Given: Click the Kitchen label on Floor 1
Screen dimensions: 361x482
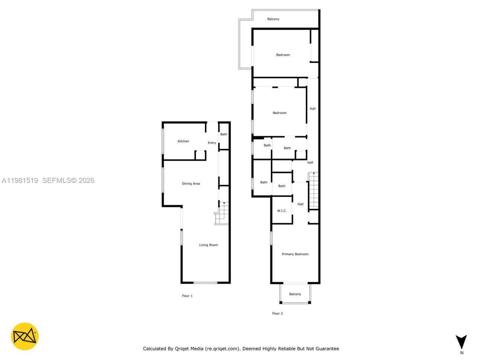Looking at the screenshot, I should coord(183,141).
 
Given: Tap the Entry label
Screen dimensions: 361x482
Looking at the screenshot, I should coord(212,143).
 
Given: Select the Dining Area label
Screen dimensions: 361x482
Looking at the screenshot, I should coord(191,184).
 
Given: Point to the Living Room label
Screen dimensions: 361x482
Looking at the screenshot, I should coord(208,245).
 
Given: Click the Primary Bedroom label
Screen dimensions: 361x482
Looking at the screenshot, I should coord(295,254).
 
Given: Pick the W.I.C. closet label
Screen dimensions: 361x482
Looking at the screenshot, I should coord(282,211).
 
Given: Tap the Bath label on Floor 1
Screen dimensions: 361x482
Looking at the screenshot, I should coord(224,134).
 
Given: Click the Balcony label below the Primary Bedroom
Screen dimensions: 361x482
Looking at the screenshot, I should coord(295,294).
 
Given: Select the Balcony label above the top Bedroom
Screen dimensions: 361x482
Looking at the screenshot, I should coord(273,19).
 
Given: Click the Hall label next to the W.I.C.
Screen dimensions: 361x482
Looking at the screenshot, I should coord(300,204).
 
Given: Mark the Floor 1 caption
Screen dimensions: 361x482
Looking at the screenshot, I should coord(187,296).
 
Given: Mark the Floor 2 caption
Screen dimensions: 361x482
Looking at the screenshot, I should coord(278,313).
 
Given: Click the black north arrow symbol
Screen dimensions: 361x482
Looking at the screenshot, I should coord(461,341).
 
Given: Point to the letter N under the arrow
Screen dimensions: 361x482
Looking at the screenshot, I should coord(462,353).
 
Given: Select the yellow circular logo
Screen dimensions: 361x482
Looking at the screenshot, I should coord(25,336).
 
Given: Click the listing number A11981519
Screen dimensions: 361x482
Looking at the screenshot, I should coord(20,180).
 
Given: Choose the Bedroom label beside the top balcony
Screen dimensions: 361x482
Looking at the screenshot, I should coord(283,55).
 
